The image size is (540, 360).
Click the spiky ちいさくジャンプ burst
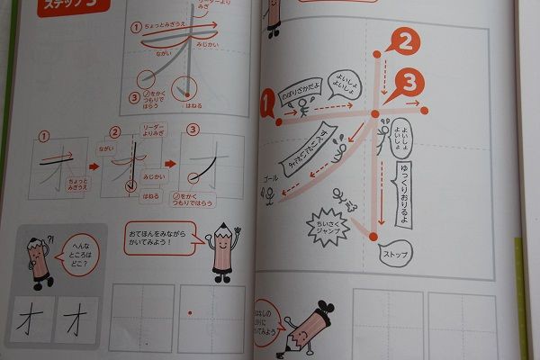pos(323,220)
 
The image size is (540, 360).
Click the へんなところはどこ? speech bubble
pos(79,243)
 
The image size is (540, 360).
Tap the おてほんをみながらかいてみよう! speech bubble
pos(161,238)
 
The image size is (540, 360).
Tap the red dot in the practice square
pos(189,312)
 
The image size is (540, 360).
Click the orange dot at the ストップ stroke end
pos(370,236)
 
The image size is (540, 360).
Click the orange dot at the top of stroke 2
pos(375,64)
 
